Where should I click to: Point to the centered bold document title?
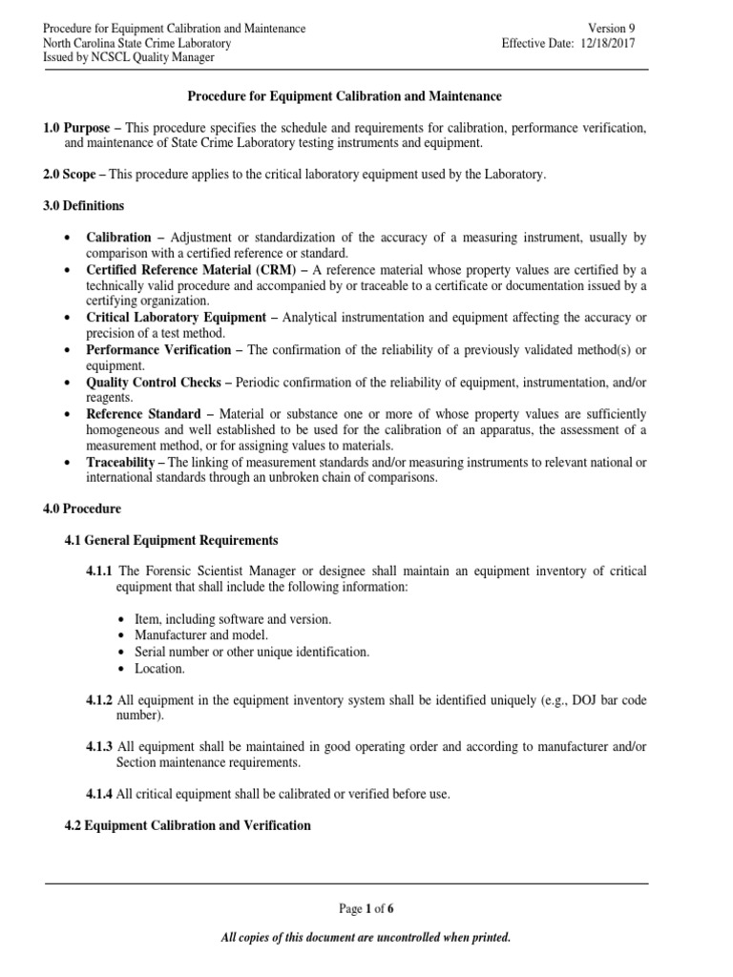pos(343,96)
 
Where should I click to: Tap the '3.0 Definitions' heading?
pos(83,205)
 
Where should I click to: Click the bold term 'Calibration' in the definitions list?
pos(119,238)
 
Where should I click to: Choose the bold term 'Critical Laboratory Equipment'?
pos(175,317)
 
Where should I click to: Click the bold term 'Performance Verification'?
pos(158,349)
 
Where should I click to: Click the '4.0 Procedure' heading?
pos(81,509)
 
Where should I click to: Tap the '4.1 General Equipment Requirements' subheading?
pos(171,540)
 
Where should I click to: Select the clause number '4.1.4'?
pos(100,794)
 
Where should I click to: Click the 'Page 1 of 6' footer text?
pos(366,908)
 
